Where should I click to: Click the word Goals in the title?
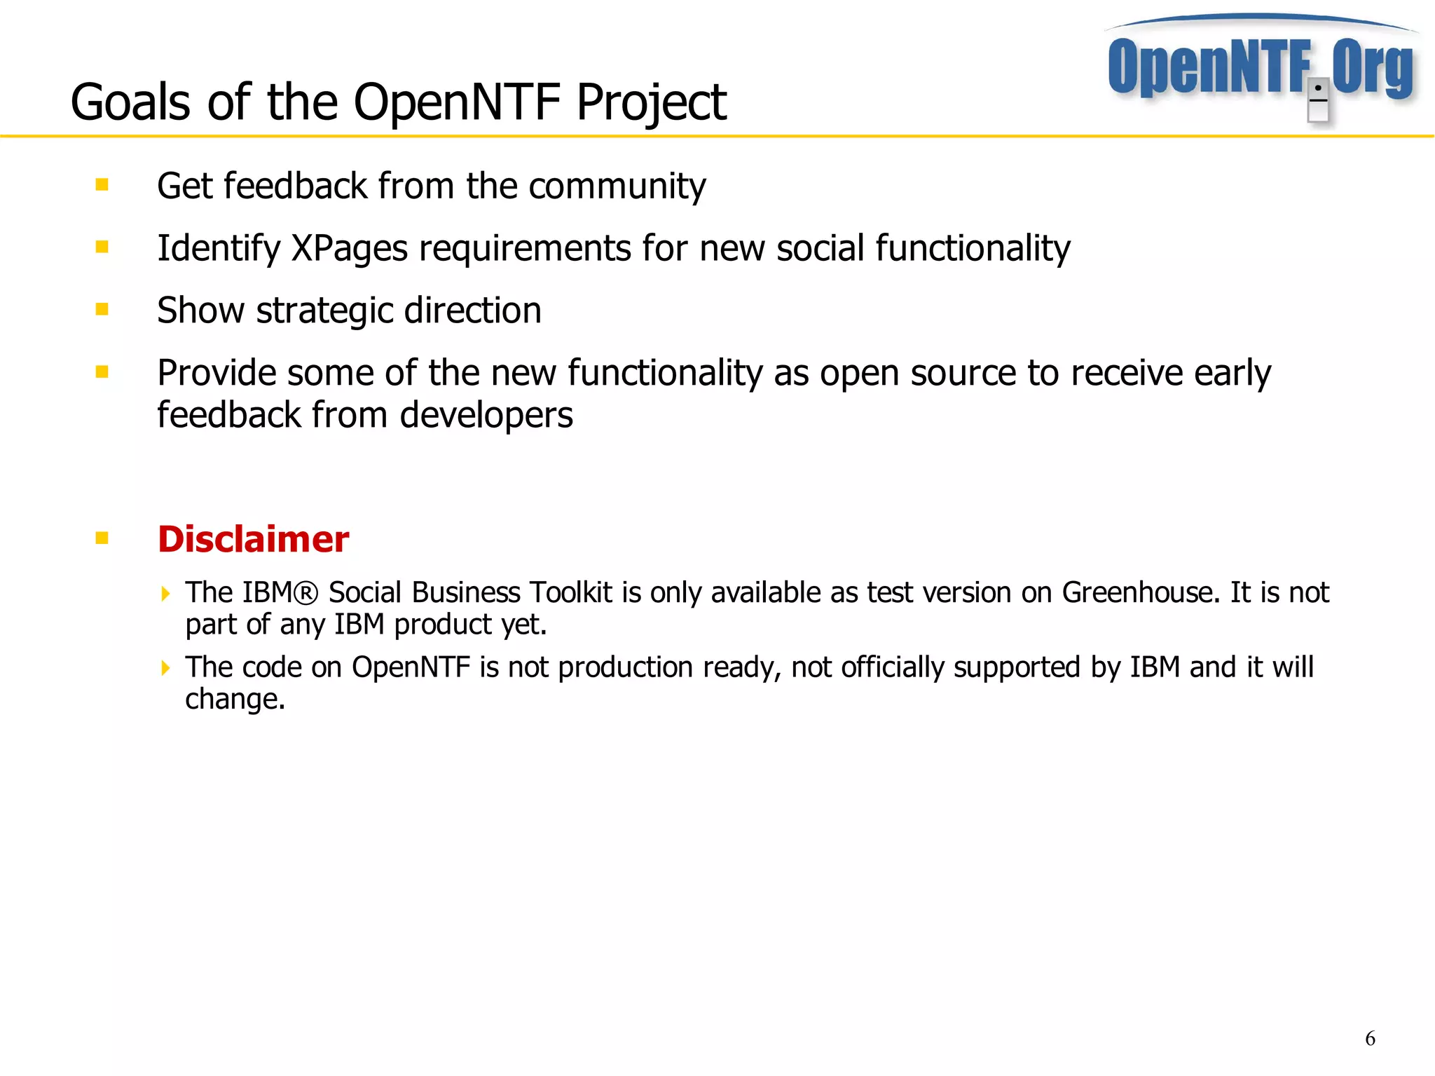(130, 102)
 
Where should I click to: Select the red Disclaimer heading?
(253, 539)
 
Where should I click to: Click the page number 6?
(1370, 1038)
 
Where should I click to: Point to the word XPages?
(349, 249)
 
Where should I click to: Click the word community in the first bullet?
(617, 186)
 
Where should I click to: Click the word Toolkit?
(570, 593)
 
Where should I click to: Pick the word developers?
(486, 416)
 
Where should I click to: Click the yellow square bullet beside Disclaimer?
(102, 538)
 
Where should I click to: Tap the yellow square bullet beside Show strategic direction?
(102, 309)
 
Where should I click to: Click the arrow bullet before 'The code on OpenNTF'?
(165, 667)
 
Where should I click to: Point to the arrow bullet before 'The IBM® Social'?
(165, 594)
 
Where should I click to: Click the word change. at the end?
(235, 700)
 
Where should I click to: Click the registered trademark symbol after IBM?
(306, 593)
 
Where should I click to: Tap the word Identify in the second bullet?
(218, 249)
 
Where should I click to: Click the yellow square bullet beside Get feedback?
(102, 185)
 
